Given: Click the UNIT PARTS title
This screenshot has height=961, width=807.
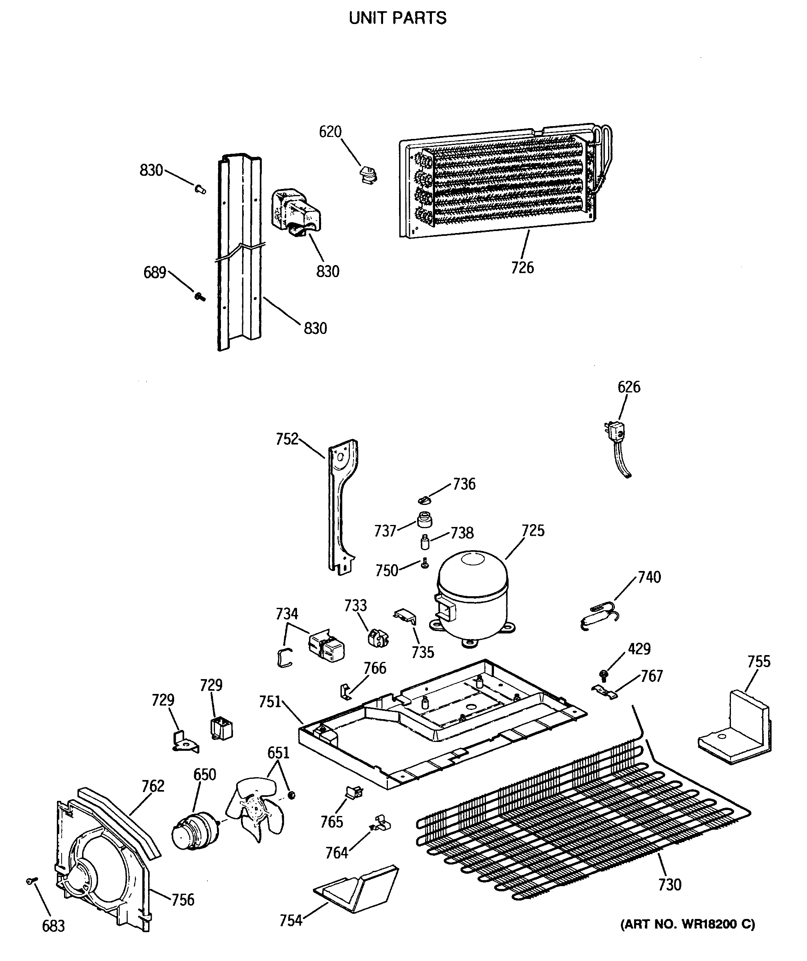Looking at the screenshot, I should [x=397, y=18].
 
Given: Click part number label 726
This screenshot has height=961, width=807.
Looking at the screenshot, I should [x=522, y=267].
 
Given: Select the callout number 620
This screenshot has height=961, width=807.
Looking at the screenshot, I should [x=330, y=132].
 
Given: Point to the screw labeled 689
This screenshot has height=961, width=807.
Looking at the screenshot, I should [x=200, y=297].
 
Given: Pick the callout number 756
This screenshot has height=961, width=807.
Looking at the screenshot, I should [x=183, y=900].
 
